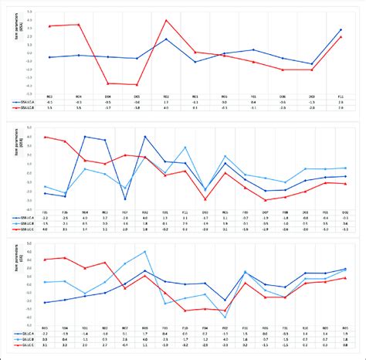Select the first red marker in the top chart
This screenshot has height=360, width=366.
tap(50, 26)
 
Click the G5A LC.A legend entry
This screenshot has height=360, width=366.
tap(24, 101)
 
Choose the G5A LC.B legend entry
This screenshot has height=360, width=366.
tap(24, 107)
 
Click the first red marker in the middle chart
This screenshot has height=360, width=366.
tap(46, 137)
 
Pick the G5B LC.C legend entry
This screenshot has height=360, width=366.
tap(24, 229)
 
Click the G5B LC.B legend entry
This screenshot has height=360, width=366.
tap(24, 224)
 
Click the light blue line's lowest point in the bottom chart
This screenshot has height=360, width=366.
tap(225, 317)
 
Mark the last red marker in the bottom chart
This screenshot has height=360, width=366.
tap(344, 277)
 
